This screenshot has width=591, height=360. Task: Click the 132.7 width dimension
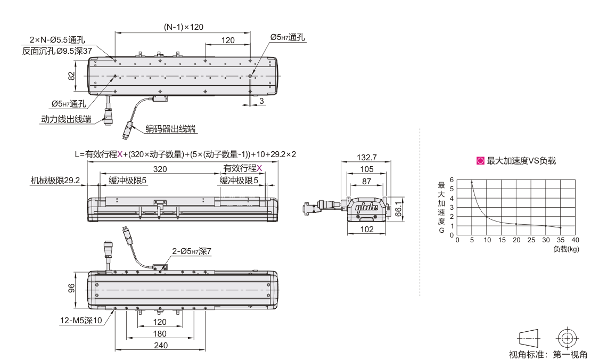(x=366, y=158)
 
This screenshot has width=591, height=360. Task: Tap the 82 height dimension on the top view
(x=72, y=76)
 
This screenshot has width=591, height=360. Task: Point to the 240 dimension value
(x=160, y=345)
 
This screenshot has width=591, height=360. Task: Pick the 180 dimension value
(x=160, y=334)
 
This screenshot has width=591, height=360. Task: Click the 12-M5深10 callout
(x=81, y=321)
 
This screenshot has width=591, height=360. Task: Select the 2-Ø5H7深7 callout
(x=192, y=251)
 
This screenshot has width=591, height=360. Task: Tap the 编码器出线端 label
(x=170, y=128)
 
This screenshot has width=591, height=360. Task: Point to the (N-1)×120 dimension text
(x=183, y=27)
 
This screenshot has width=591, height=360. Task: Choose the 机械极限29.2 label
(x=55, y=181)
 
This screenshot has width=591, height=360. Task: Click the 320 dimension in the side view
(x=160, y=169)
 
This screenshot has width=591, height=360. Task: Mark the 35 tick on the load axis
(x=560, y=240)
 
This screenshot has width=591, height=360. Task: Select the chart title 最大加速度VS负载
(x=521, y=160)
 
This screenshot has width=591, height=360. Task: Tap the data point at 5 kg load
(x=472, y=182)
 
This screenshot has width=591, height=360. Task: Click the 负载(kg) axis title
(x=565, y=249)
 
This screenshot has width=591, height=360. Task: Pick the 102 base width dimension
(x=366, y=229)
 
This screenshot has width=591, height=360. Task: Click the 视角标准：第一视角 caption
(x=548, y=354)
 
